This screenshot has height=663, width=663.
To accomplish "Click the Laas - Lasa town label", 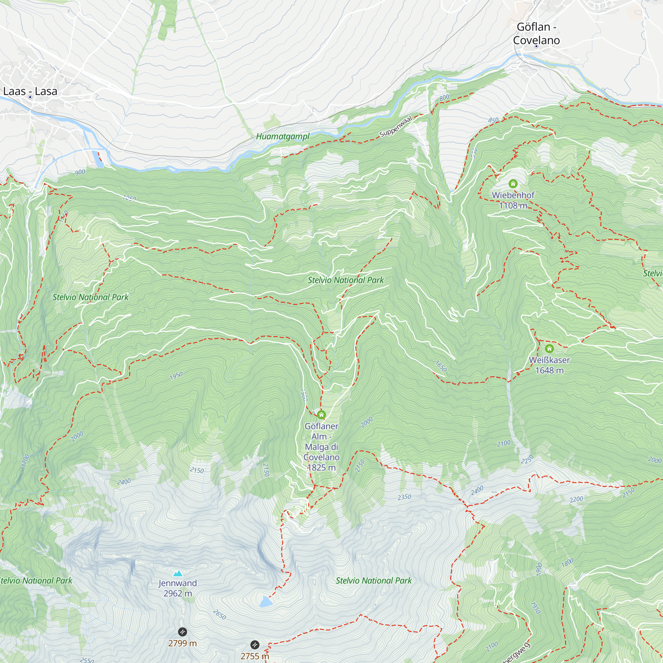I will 30,91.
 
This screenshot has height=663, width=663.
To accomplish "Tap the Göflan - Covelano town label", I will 536,33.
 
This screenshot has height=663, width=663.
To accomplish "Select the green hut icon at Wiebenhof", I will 513,184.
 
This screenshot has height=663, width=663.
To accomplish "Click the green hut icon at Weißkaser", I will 549,349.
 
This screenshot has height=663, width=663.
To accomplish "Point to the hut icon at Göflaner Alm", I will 321,415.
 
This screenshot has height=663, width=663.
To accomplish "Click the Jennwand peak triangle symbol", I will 178,573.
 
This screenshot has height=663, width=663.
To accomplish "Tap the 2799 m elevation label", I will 182,643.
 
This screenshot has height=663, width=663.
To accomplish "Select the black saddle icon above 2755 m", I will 254,644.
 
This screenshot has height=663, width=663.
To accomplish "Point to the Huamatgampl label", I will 282,137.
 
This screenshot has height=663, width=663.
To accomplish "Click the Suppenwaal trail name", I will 395,127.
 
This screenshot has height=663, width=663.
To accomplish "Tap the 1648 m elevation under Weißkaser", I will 549,370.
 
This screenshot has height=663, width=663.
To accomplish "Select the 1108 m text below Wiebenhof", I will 513,206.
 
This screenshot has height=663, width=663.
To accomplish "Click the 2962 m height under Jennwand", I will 178,593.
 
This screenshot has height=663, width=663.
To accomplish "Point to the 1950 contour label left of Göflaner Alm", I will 176,376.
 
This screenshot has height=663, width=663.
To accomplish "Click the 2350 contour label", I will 404,497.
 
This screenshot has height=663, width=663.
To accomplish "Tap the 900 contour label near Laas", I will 80,172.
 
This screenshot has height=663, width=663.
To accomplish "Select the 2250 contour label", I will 527,459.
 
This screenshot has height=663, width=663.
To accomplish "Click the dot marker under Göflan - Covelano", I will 536,46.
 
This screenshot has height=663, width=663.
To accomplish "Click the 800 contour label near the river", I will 445,97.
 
